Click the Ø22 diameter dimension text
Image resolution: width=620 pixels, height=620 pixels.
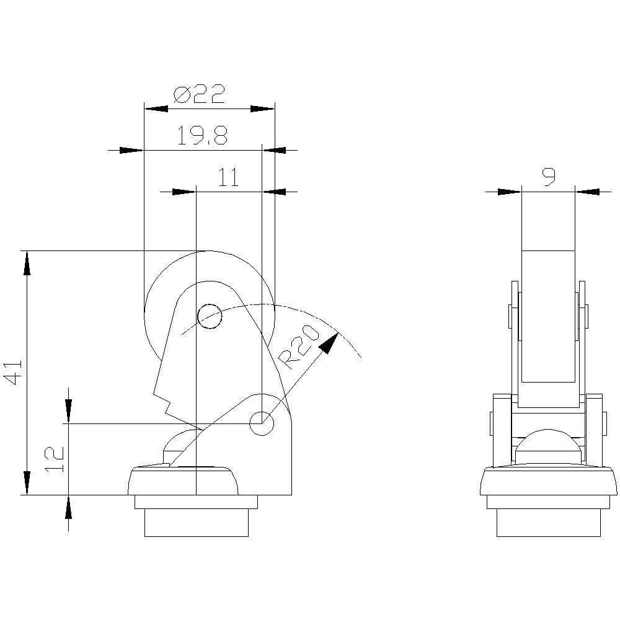point(199,95)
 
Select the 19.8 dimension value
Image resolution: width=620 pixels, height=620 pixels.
point(202,136)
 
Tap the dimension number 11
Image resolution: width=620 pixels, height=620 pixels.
point(228,178)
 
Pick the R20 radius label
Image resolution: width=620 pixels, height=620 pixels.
point(298,348)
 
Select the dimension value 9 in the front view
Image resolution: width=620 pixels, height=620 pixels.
point(548,178)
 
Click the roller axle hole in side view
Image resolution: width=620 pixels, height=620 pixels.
point(209,317)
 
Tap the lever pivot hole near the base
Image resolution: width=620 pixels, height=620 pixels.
point(262,423)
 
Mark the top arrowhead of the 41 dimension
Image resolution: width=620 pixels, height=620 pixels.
point(26,263)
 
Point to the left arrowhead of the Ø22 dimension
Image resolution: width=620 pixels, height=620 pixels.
point(156,108)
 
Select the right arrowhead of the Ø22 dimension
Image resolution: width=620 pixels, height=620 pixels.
point(262,108)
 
